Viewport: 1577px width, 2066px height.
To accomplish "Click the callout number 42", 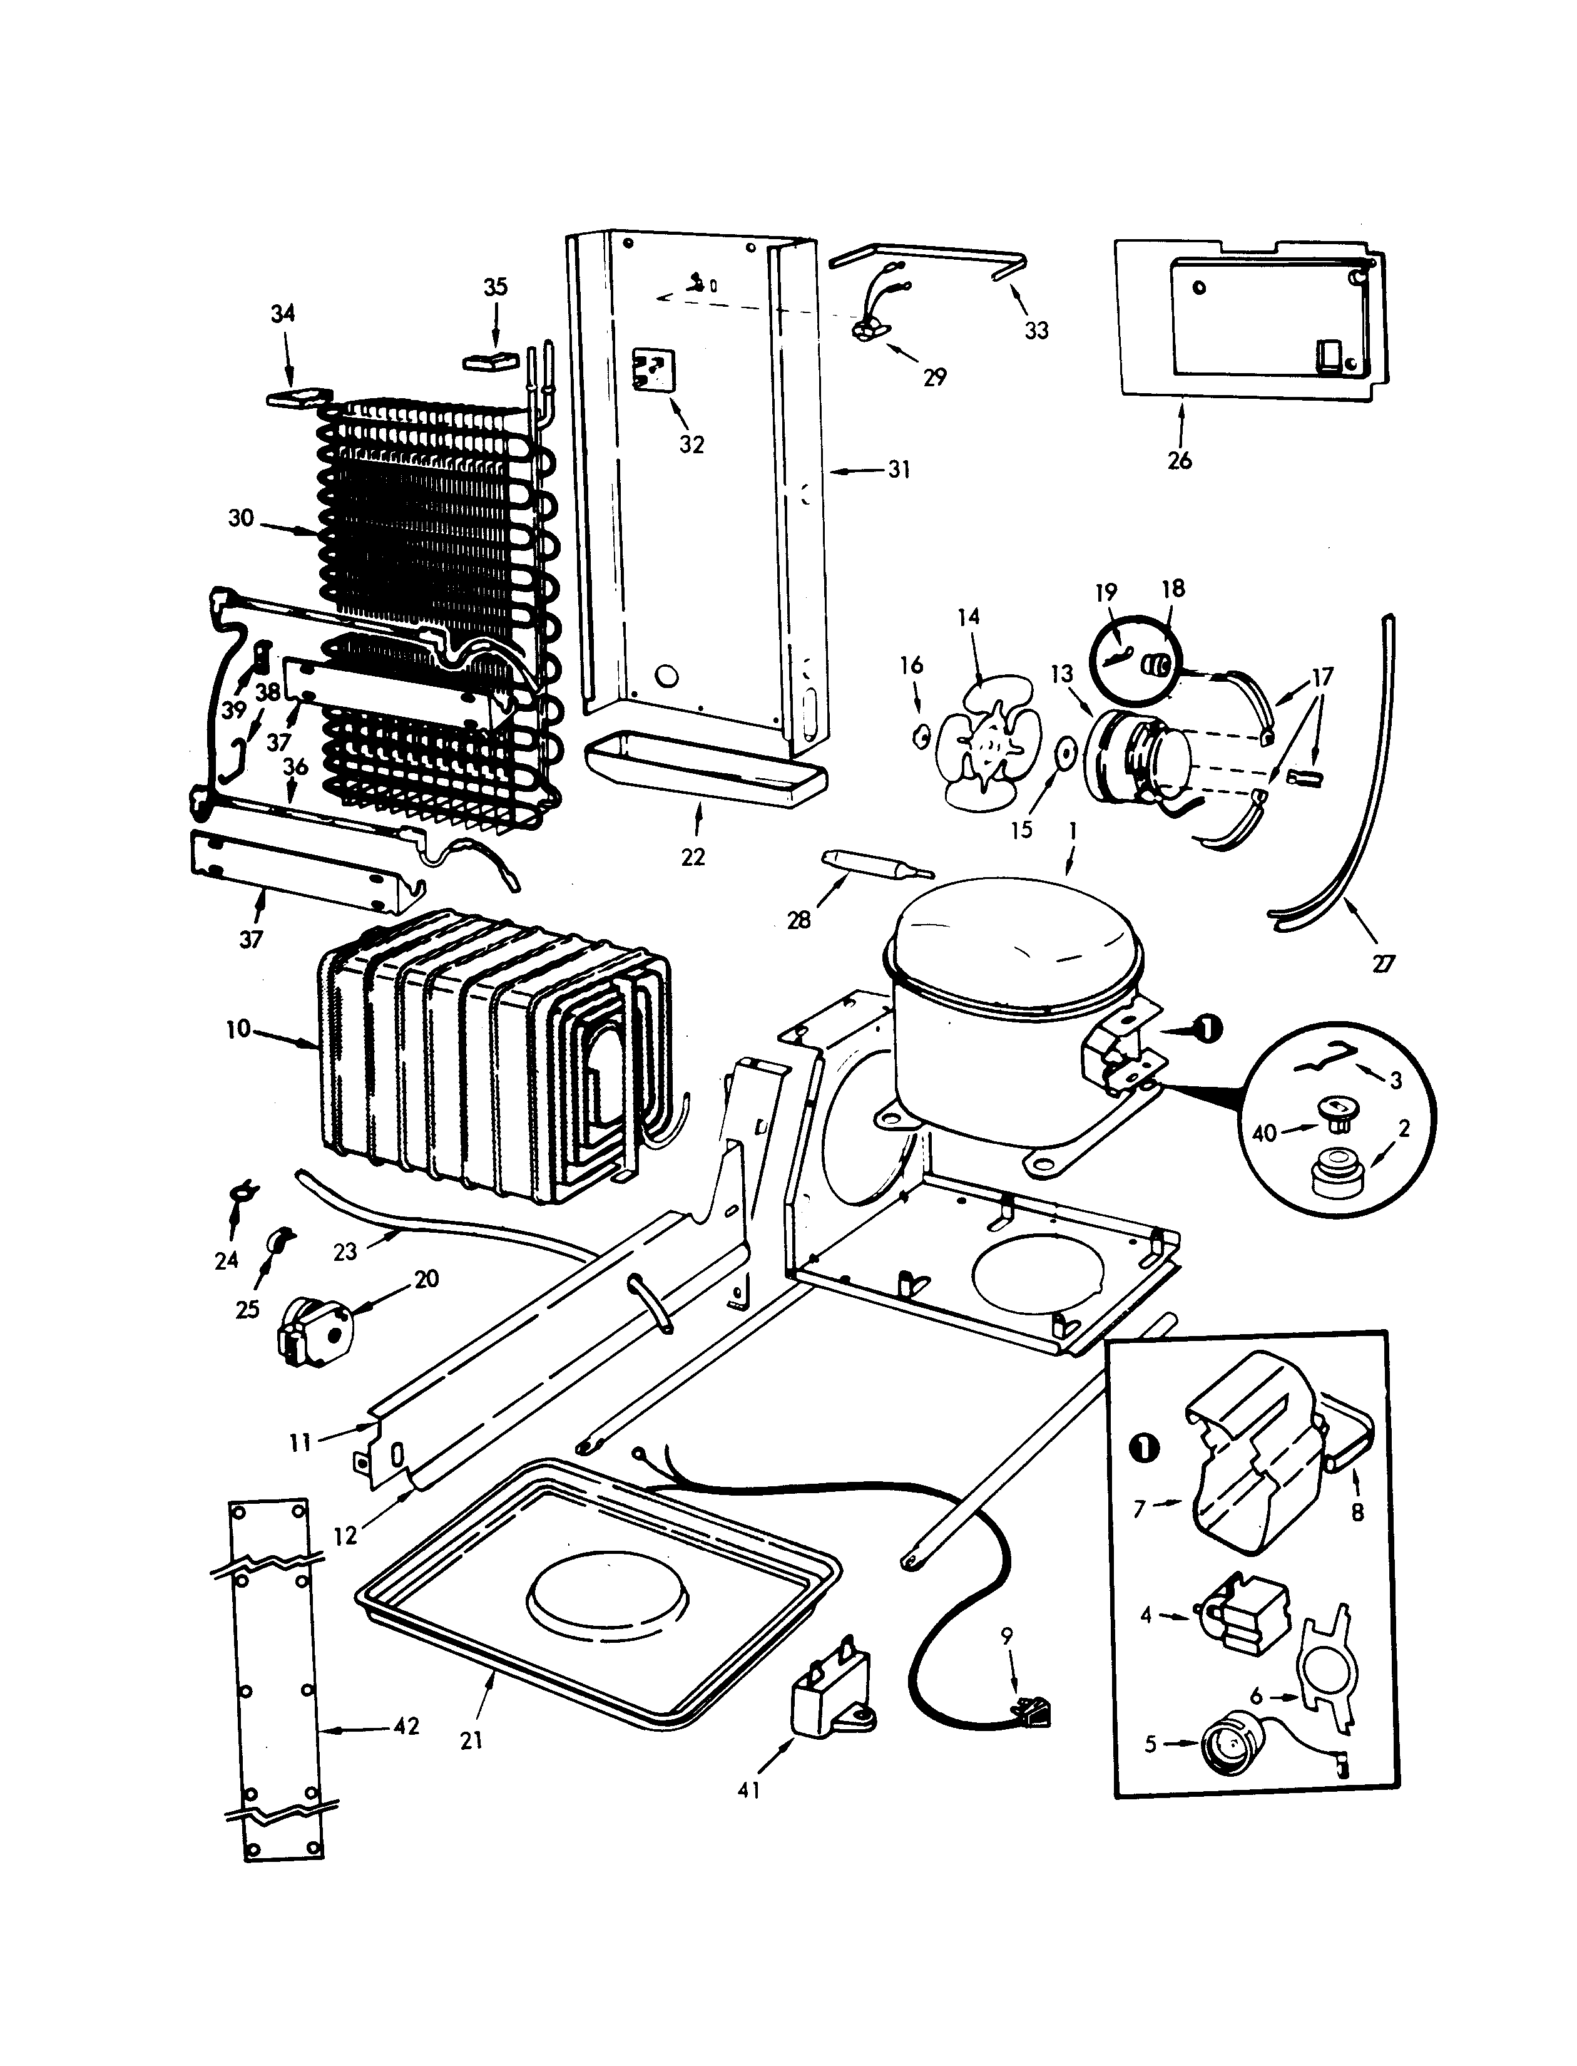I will [x=406, y=1726].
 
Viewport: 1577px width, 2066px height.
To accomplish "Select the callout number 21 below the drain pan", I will [x=471, y=1740].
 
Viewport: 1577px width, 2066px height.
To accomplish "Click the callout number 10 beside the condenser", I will [x=238, y=1029].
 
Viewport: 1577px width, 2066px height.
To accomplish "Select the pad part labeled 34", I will [x=299, y=398].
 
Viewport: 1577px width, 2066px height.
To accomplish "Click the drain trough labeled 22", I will [x=704, y=772].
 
